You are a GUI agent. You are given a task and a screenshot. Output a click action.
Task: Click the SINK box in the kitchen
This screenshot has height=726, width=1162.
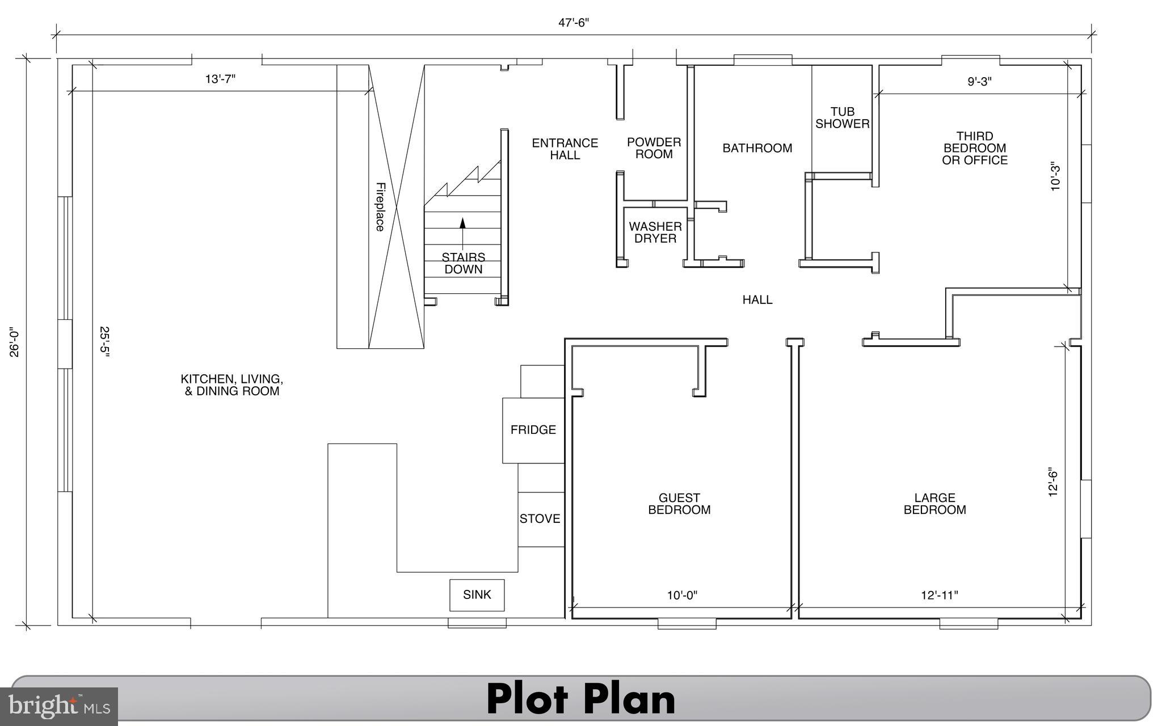[x=477, y=595]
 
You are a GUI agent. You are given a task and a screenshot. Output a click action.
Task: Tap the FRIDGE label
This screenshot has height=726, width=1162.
[x=533, y=430]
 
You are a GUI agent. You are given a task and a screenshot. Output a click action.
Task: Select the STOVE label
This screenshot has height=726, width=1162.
[x=540, y=518]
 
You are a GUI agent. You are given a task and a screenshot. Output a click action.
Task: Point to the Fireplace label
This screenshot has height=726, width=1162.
[x=380, y=206]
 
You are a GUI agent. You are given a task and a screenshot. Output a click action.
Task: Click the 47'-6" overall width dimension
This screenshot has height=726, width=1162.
[x=574, y=23]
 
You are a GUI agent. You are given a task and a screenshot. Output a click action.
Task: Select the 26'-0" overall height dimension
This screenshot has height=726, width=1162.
[x=14, y=341]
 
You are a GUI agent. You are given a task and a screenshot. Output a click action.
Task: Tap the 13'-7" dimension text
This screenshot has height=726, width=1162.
[x=220, y=79]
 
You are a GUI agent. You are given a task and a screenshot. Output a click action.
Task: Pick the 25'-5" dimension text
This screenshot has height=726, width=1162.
[x=104, y=341]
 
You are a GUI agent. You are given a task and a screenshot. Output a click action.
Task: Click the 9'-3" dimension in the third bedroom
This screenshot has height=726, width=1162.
[x=979, y=81]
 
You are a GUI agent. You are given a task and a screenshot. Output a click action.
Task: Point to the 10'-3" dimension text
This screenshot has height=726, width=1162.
[x=1055, y=177]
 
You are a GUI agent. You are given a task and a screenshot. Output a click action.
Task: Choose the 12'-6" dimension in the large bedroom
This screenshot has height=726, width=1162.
[x=1053, y=483]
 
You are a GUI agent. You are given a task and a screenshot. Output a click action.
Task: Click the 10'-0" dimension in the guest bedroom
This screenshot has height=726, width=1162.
[x=682, y=595]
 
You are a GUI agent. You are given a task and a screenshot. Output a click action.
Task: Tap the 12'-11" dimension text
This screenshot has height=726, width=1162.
[x=940, y=595]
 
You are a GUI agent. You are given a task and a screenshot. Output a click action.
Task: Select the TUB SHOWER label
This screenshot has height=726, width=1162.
[x=843, y=118]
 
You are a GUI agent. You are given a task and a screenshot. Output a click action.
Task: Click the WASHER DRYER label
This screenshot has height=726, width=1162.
[x=655, y=233]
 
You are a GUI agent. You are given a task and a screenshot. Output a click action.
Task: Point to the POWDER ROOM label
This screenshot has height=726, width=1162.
[x=654, y=148]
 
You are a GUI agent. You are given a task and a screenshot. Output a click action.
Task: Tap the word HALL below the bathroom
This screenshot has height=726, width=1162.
[x=757, y=299]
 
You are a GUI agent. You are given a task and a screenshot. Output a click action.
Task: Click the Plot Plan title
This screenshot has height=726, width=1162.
[x=581, y=699]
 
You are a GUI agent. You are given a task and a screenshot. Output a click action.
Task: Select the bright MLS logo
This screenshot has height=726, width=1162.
[x=59, y=707]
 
